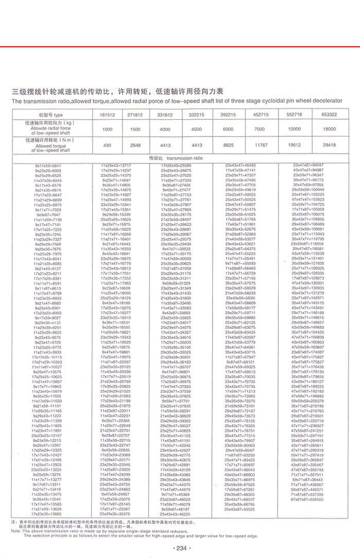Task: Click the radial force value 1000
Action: point(107,129)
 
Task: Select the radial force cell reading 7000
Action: point(261,129)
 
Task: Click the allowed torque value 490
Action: point(107,146)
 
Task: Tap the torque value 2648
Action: point(135,146)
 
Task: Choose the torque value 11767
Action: point(261,146)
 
